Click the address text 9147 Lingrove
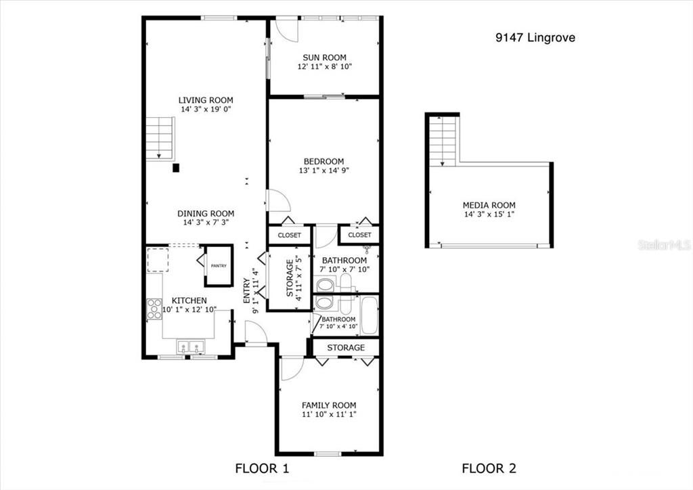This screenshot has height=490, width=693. coord(535,37)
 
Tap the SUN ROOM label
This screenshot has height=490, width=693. coord(324,58)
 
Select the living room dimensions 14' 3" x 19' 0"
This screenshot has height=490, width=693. coord(206,109)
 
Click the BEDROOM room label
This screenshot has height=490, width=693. coord(323,161)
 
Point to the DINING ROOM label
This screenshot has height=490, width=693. coord(206,213)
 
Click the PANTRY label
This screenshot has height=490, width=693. coord(219,266)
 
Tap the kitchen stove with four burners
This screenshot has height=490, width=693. coord(154,309)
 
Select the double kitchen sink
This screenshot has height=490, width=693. coord(191,347)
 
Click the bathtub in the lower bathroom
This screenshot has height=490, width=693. coord(369,316)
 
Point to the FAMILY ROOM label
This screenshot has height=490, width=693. coord(329,405)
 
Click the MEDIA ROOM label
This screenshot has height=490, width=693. coord(489,205)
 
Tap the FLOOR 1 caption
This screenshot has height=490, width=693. coord(262,468)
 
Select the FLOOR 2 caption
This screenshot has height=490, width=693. coord(489,468)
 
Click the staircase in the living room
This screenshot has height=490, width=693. coord(160,138)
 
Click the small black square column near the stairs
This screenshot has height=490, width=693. coord(176,168)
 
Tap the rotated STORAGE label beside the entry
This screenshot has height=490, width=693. coord(290,278)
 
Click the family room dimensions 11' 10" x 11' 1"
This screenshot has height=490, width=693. coord(330,414)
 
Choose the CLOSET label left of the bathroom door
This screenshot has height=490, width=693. coord(290,236)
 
